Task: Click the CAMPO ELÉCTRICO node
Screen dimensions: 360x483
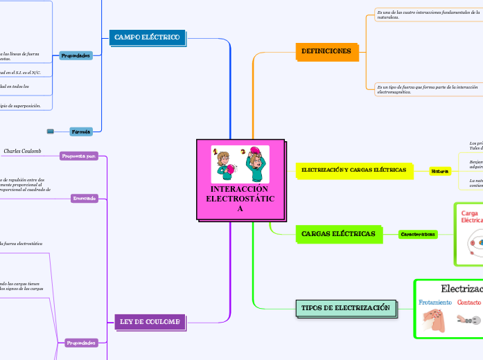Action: [147, 37]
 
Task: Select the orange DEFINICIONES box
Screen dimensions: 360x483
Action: [326, 51]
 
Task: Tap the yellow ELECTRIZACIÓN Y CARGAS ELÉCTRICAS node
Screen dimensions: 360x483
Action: [354, 170]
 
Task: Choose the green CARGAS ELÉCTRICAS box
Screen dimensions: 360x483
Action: [339, 234]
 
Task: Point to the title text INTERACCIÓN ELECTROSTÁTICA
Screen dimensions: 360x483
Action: [240, 199]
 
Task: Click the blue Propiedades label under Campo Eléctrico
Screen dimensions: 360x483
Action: [76, 55]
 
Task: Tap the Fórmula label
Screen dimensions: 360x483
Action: [81, 131]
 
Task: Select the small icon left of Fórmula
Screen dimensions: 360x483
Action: [51, 131]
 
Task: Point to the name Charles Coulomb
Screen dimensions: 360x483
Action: [23, 150]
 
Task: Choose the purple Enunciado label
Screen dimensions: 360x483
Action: [83, 199]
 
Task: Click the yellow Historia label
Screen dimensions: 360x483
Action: [440, 171]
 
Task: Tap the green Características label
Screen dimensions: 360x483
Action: [419, 234]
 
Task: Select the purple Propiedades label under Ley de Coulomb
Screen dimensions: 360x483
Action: [81, 342]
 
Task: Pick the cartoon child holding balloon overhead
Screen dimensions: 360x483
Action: [254, 164]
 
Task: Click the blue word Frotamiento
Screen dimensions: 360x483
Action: [435, 303]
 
